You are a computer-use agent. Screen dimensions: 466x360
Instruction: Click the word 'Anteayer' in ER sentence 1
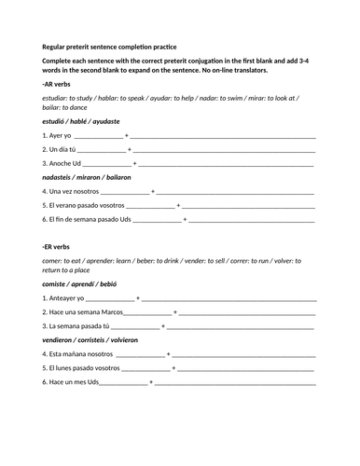click(x=65, y=299)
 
